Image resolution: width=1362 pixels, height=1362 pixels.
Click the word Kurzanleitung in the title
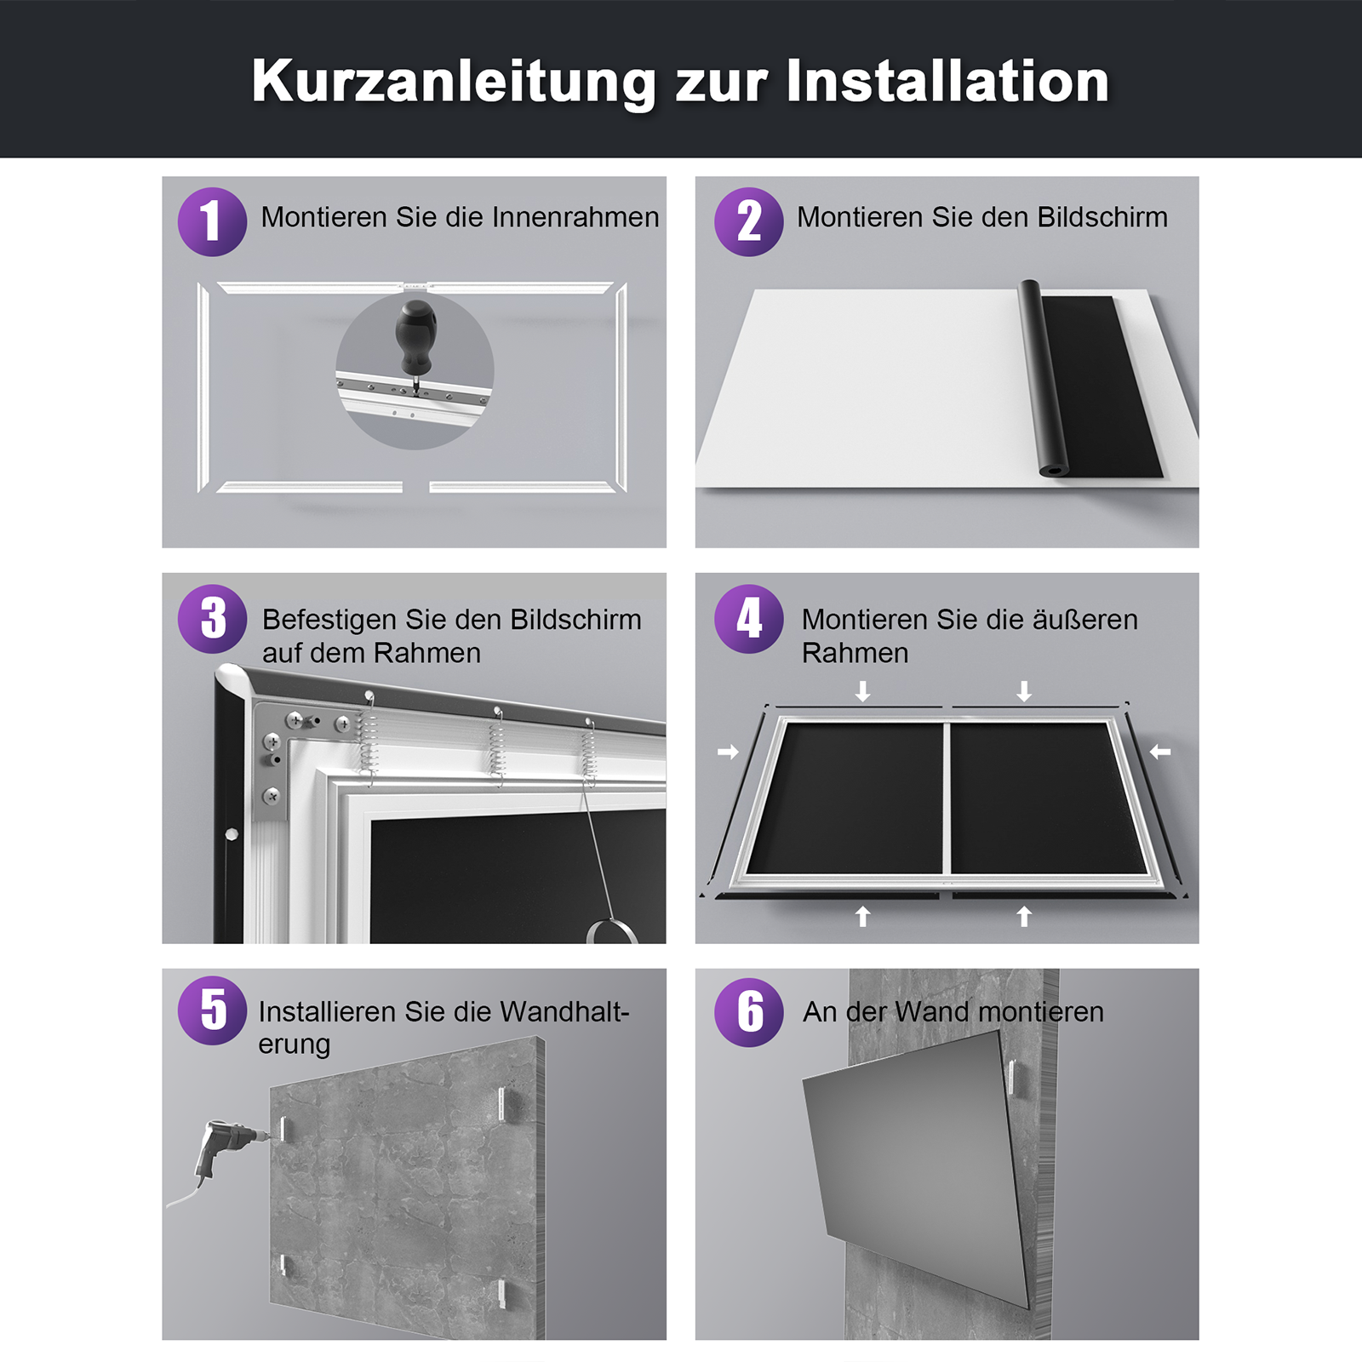(453, 83)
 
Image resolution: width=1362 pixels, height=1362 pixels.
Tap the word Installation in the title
(947, 82)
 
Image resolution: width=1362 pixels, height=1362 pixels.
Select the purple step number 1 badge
(212, 221)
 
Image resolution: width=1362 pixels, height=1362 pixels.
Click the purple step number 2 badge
(748, 221)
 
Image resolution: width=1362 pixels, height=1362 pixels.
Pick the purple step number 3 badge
(212, 619)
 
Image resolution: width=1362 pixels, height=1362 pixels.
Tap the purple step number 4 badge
(748, 619)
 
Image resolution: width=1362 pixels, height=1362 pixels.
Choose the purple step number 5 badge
(212, 1010)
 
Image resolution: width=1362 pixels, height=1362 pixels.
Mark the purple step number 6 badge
(748, 1011)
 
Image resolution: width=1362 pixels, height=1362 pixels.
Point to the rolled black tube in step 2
(1044, 378)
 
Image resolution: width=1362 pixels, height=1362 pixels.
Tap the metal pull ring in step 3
(611, 930)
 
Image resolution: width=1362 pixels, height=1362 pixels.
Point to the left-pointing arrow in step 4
(1160, 752)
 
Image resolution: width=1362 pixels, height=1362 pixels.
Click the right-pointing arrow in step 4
(728, 752)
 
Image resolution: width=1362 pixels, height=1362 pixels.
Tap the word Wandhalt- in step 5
(564, 1011)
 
